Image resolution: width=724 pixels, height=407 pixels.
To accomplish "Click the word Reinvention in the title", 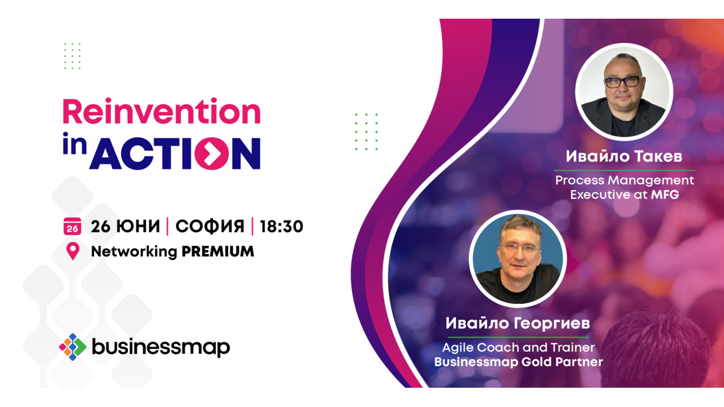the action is click(x=162, y=111).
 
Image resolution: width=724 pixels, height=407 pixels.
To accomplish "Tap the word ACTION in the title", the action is click(x=175, y=153).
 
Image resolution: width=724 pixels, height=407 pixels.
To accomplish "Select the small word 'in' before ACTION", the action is click(x=75, y=144).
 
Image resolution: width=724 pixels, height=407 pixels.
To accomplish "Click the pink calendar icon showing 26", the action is click(x=72, y=226).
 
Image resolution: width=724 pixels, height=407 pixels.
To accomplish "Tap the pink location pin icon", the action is click(x=73, y=251).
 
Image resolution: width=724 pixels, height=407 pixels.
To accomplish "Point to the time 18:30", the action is click(x=282, y=226).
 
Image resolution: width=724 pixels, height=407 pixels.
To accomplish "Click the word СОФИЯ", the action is click(x=210, y=226).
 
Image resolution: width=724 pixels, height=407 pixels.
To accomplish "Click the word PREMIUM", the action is click(x=218, y=251).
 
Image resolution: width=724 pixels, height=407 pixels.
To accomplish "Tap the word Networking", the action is click(x=134, y=252).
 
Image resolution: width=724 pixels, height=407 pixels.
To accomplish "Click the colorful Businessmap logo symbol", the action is click(x=73, y=347).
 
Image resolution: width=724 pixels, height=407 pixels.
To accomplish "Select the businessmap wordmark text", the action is click(x=161, y=347).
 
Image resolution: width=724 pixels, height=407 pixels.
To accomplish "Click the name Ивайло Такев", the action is click(x=624, y=156).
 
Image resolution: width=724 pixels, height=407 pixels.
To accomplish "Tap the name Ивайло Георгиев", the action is click(x=518, y=323).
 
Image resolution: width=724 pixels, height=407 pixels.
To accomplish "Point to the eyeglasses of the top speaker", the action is click(x=623, y=82).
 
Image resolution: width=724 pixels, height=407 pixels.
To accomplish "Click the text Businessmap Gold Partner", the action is click(x=518, y=362).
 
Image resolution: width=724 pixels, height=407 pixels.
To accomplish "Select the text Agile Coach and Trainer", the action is click(x=518, y=347).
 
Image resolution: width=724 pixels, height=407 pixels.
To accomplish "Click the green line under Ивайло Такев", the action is click(x=624, y=170).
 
